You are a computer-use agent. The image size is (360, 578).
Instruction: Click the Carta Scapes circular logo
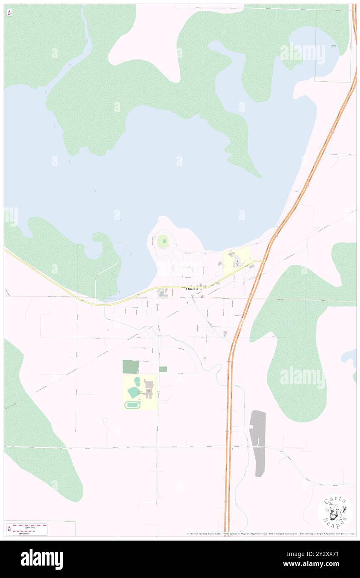click(335, 512)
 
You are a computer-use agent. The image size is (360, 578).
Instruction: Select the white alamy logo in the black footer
click(42, 559)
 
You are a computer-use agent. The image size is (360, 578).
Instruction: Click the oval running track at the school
click(133, 405)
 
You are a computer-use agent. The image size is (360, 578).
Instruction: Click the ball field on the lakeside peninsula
click(162, 240)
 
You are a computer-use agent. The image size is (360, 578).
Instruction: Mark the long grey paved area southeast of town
click(259, 442)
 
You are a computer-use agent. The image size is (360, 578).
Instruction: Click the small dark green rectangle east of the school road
click(163, 369)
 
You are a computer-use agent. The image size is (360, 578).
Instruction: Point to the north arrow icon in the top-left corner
click(9, 13)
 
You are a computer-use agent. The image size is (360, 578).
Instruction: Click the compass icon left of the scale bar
click(9, 529)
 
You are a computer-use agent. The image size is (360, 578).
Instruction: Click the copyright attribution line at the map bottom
click(270, 534)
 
